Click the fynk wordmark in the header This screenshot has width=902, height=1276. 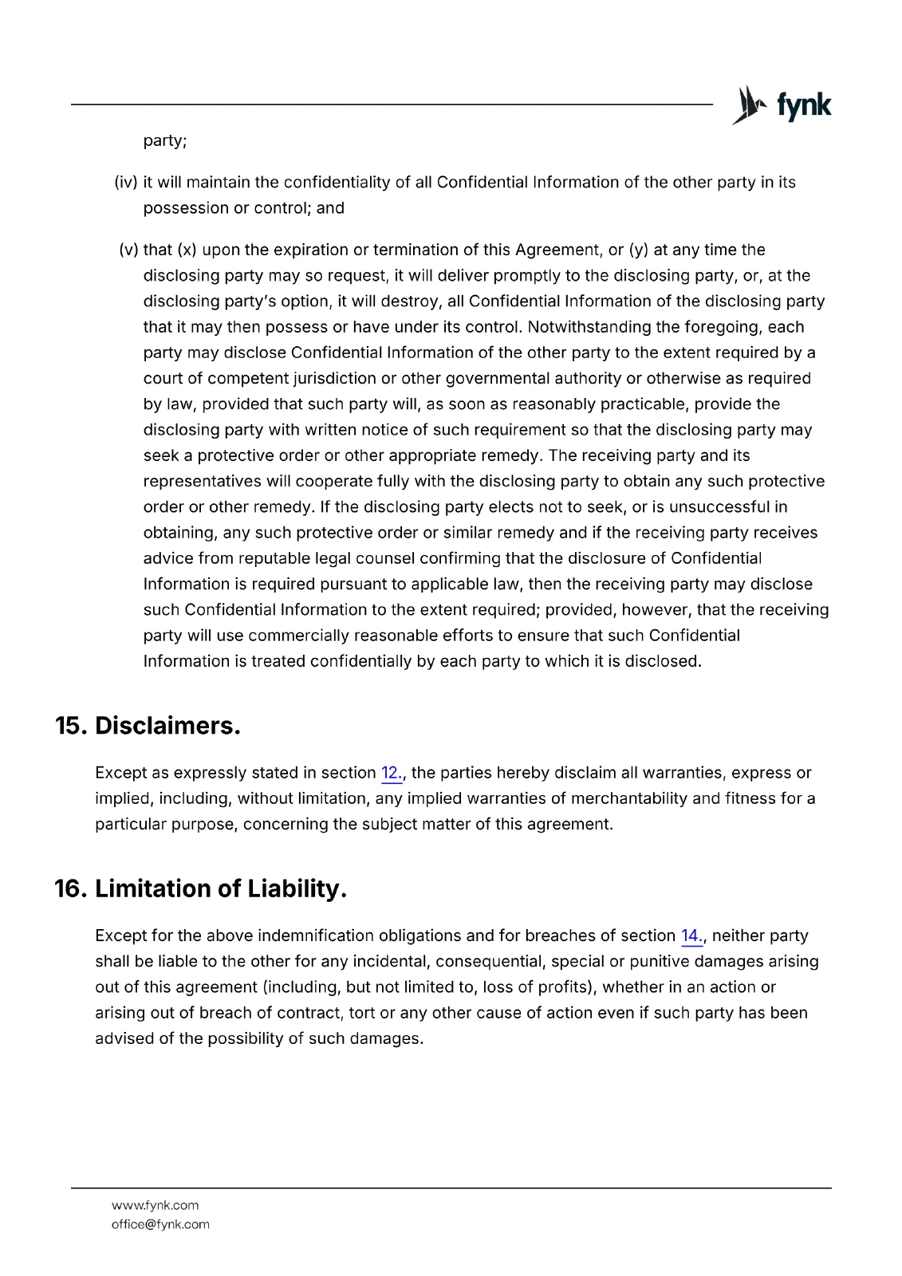804,105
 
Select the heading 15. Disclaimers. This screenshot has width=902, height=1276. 148,726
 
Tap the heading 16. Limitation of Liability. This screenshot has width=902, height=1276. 200,888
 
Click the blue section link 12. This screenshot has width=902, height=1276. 392,773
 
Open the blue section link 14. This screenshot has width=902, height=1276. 691,935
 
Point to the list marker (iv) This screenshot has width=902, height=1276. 126,183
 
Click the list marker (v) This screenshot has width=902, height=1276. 128,250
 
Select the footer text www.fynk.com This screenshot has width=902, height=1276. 155,1205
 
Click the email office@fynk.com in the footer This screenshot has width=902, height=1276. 160,1224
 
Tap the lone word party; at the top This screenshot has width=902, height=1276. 165,141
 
